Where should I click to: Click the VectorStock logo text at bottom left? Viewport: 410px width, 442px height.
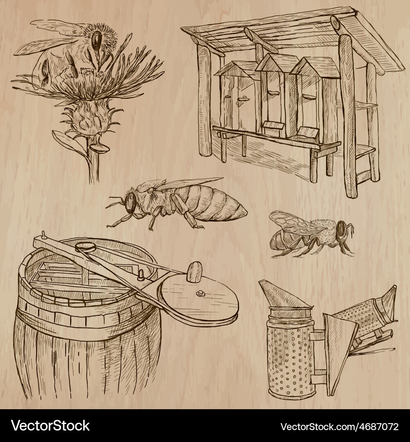50,426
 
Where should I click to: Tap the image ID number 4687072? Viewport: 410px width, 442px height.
378,427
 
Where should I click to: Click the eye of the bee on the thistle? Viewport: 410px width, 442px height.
96,40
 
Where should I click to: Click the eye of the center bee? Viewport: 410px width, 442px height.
130,202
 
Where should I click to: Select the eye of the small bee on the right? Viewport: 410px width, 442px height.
342,229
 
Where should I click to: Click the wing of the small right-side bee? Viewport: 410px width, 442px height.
296,223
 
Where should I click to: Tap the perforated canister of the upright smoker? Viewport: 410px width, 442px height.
290,358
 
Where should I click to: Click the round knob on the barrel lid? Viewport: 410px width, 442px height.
200,294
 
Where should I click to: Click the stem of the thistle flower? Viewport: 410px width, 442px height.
94,164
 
